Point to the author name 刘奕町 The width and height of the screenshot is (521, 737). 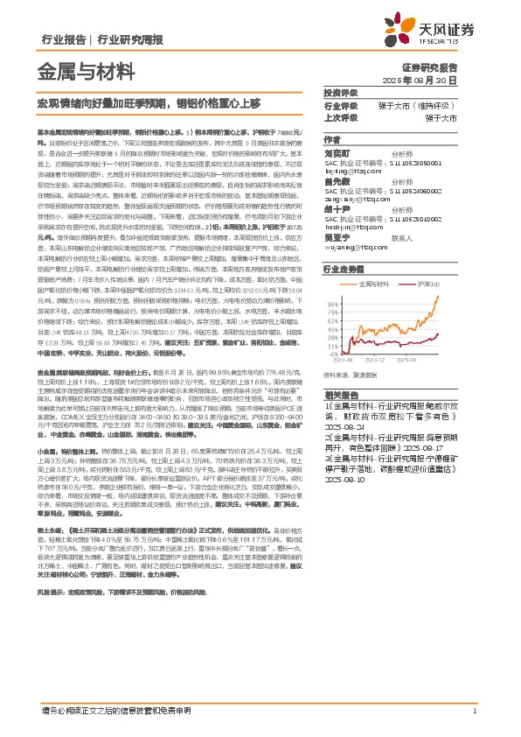point(338,152)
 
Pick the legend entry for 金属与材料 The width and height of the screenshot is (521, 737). point(378,285)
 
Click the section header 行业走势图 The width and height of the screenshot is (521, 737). point(344,270)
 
